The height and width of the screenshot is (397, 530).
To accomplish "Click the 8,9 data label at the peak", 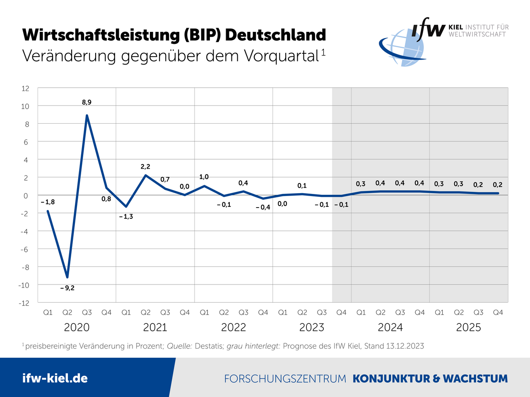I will click(87, 102).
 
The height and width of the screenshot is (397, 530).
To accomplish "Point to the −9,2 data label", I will click(67, 288).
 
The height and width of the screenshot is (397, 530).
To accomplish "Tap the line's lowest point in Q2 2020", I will click(67, 277).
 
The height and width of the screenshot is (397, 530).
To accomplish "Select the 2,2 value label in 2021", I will click(145, 167).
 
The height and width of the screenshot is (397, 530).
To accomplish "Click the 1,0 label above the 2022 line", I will click(204, 177).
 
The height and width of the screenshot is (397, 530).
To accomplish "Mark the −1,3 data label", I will click(126, 216).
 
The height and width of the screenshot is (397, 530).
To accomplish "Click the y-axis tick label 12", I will click(25, 88).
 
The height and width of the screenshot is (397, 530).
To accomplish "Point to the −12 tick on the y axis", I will click(24, 303).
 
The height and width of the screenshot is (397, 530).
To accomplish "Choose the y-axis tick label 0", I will click(26, 196).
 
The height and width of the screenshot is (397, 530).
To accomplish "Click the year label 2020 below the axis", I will click(77, 328).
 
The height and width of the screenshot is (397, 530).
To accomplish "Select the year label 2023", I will click(311, 328).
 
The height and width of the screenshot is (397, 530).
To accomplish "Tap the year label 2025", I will click(468, 328).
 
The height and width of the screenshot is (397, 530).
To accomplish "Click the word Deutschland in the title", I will click(275, 35).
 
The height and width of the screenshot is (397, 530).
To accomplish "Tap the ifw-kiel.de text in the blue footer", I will click(55, 378).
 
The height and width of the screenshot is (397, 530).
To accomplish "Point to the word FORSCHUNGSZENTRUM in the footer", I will click(285, 379).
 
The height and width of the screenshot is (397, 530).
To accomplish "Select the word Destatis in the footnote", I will click(209, 346).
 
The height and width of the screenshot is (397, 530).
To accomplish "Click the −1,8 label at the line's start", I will click(48, 202).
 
